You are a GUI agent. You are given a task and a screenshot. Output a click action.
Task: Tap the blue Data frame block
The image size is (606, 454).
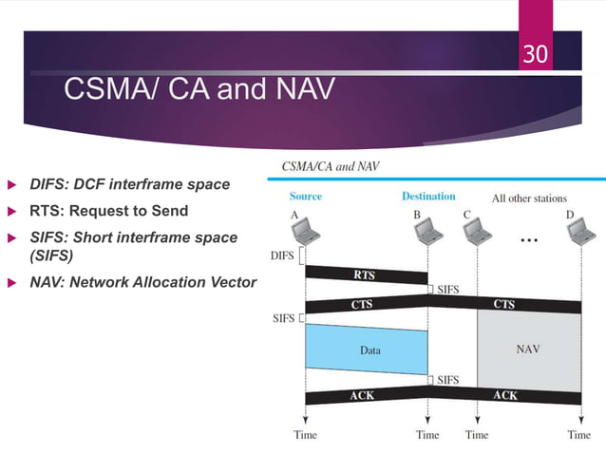[x=367, y=350]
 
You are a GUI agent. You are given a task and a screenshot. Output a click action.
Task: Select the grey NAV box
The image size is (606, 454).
[x=528, y=350]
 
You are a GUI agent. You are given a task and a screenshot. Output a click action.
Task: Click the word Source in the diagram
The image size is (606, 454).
[x=305, y=197]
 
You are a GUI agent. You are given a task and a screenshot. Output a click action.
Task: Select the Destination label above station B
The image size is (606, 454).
[x=428, y=197]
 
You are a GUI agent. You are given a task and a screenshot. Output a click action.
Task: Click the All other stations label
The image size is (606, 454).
[x=528, y=199]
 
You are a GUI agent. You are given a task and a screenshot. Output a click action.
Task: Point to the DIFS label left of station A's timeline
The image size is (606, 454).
[x=282, y=255]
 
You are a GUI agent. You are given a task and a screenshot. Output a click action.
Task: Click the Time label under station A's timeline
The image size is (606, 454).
[x=305, y=435]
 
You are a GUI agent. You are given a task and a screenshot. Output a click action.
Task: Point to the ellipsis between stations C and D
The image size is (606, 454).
[x=529, y=240]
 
